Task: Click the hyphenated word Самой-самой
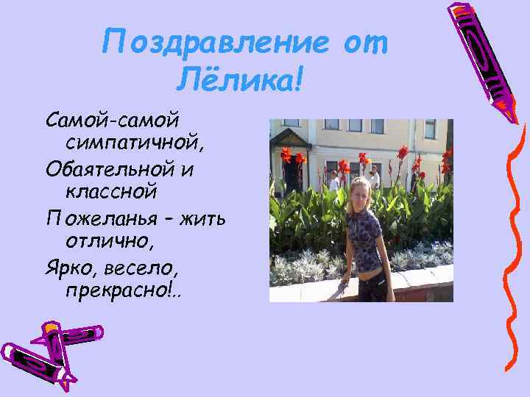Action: (x=113, y=118)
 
